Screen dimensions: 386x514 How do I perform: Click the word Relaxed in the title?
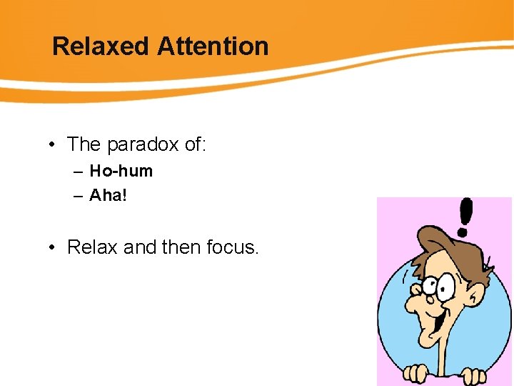pyautogui.click(x=101, y=46)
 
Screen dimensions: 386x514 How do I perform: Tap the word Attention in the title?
pyautogui.click(x=213, y=46)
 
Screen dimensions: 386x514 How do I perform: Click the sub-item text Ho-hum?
pyautogui.click(x=121, y=172)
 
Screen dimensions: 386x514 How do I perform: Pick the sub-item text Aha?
pyautogui.click(x=108, y=195)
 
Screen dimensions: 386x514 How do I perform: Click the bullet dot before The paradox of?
pyautogui.click(x=53, y=145)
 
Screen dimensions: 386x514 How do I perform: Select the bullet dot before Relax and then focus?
pyautogui.click(x=53, y=248)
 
